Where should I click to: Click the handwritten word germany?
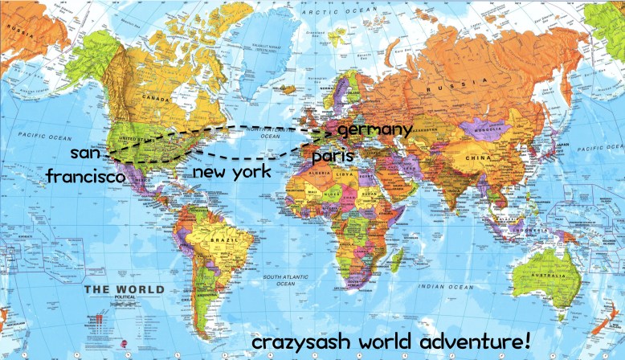[x=375, y=129]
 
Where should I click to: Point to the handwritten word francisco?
[x=85, y=176]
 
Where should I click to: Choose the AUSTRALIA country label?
[x=549, y=278]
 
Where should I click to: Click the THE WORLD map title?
[x=125, y=289]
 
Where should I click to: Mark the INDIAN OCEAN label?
[x=440, y=287]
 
